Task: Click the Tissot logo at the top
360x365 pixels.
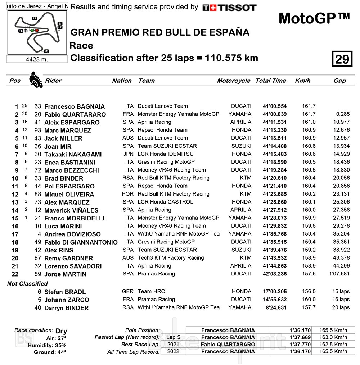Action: pyautogui.click(x=229, y=8)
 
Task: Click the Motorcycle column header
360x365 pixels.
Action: pyautogui.click(x=233, y=81)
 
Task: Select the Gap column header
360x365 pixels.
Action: pyautogui.click(x=339, y=81)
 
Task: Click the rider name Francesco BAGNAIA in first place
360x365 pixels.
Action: pyautogui.click(x=75, y=106)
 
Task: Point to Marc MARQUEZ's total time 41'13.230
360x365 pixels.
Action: pyautogui.click(x=275, y=130)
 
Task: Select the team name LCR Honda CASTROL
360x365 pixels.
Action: pyautogui.click(x=165, y=202)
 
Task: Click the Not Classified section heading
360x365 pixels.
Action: pyautogui.click(x=27, y=284)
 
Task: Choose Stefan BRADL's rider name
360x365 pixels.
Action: pyautogui.click(x=65, y=292)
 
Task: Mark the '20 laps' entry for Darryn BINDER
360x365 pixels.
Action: pyautogui.click(x=341, y=307)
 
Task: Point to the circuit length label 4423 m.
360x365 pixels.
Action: pyautogui.click(x=37, y=59)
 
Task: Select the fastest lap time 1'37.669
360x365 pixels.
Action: pyautogui.click(x=300, y=337)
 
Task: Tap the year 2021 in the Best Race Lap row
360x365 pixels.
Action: pyautogui.click(x=173, y=344)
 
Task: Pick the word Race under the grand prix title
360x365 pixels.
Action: pyautogui.click(x=81, y=46)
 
